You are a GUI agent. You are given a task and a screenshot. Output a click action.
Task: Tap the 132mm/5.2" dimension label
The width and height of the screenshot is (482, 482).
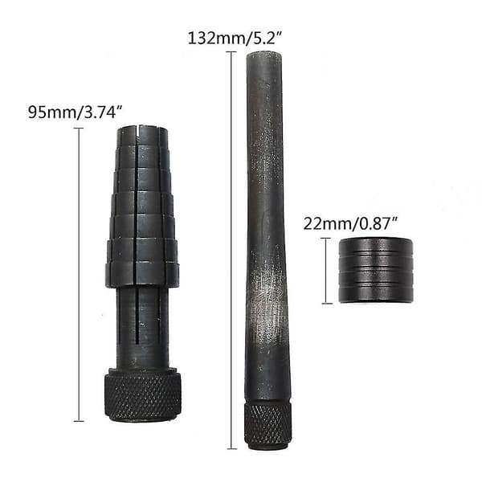pyautogui.click(x=235, y=39)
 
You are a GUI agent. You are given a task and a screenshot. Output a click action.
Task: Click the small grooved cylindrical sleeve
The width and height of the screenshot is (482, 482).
pyautogui.click(x=376, y=270)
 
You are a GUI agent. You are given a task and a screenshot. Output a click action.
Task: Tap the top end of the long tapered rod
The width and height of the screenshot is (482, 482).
pyautogui.click(x=264, y=54)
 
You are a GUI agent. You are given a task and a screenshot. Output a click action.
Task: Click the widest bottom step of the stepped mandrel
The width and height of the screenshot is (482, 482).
pyautogui.click(x=142, y=274)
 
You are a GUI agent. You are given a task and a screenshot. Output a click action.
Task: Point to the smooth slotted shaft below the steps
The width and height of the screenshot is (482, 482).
pyautogui.click(x=142, y=328)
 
